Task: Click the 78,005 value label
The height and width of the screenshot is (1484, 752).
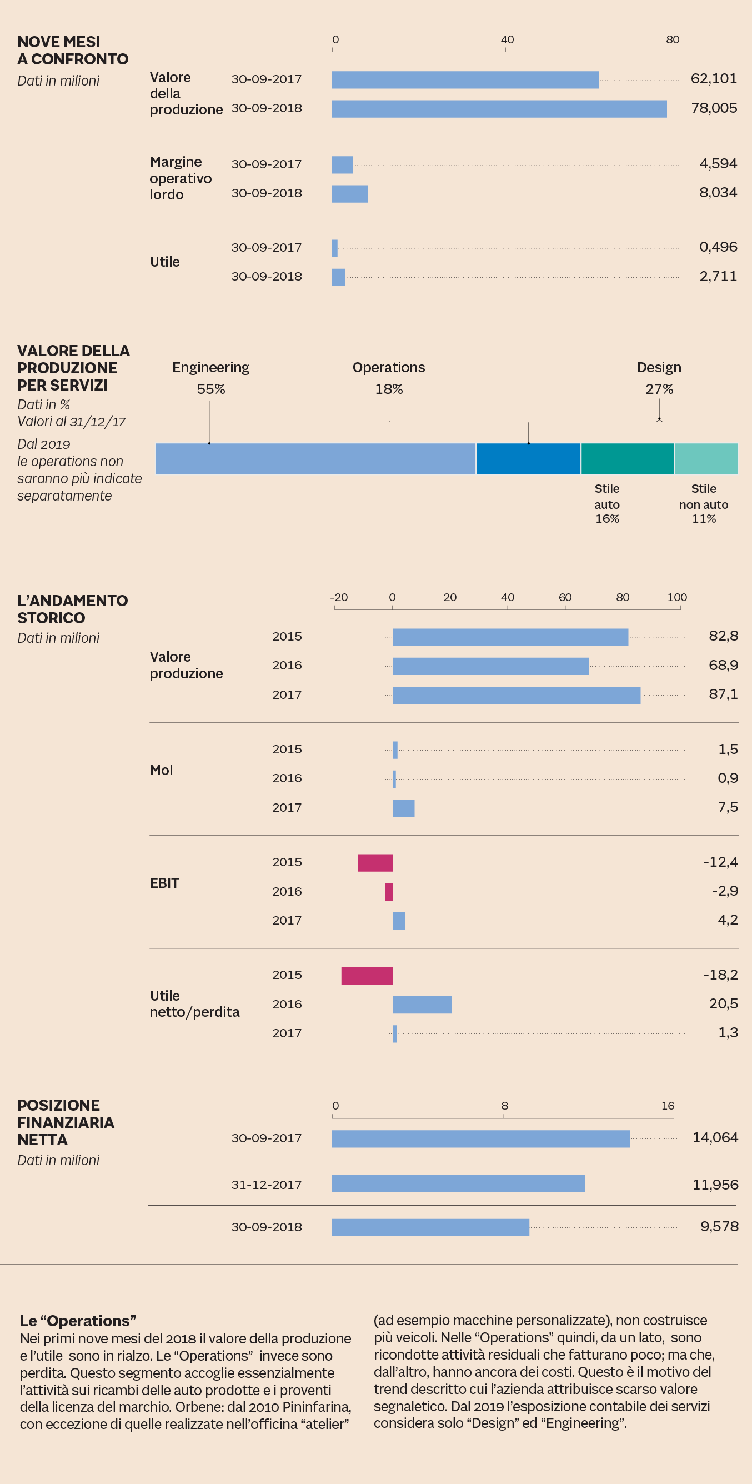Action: pyautogui.click(x=714, y=108)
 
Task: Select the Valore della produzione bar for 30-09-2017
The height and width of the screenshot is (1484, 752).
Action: pyautogui.click(x=465, y=80)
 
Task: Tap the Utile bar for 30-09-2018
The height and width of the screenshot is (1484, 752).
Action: pyautogui.click(x=339, y=277)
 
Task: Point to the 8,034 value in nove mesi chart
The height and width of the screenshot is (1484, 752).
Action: pyautogui.click(x=718, y=192)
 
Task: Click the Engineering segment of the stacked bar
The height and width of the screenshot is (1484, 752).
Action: pyautogui.click(x=315, y=458)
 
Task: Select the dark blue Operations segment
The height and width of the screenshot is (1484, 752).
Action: pyautogui.click(x=528, y=458)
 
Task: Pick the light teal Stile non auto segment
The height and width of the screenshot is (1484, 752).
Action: pyautogui.click(x=706, y=458)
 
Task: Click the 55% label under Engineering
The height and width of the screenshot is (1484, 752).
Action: pyautogui.click(x=210, y=389)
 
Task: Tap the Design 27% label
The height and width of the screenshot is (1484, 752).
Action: pyautogui.click(x=659, y=389)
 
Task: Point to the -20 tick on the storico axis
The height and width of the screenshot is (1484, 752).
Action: pyautogui.click(x=339, y=597)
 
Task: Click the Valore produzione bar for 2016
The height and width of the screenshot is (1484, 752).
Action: pyautogui.click(x=490, y=666)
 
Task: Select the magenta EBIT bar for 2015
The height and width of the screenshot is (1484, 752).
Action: pyautogui.click(x=375, y=862)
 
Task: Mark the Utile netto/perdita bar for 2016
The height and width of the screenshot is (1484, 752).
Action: pyautogui.click(x=422, y=1004)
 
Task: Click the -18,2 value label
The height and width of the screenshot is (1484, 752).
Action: pyautogui.click(x=720, y=975)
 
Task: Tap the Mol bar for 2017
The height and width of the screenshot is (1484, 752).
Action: pyautogui.click(x=404, y=808)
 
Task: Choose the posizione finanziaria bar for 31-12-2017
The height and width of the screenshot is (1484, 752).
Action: pyautogui.click(x=458, y=1183)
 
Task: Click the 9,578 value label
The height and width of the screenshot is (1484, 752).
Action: pyautogui.click(x=719, y=1227)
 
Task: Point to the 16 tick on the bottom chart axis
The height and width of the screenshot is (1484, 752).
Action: pyautogui.click(x=668, y=1106)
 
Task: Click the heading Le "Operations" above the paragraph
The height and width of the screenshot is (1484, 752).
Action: pyautogui.click(x=78, y=1321)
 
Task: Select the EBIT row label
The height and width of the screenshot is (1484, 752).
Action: pyautogui.click(x=165, y=883)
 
